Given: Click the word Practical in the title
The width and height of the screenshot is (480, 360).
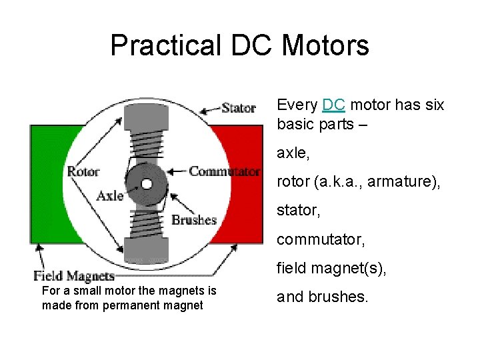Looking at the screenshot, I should coord(165,46).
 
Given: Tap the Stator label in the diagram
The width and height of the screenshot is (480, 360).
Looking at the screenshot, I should coord(239,107).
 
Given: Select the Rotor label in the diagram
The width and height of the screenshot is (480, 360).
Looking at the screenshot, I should coord(83,171).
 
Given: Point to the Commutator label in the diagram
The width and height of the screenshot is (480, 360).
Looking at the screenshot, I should coord(225,171).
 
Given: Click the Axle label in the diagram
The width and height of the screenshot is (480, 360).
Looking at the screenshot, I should coord(110,195).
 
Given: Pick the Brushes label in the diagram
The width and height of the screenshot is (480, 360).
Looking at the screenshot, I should coord(194,220).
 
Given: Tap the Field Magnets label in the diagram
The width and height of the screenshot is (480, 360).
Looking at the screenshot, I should coord(74,276).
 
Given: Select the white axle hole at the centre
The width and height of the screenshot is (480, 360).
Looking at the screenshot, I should coord(147,183).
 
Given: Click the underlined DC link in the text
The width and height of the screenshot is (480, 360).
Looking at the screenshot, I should coord(333,105).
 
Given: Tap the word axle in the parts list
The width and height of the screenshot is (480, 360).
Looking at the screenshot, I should coord(291,153).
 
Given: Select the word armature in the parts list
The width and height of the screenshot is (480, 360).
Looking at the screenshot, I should coord(407,181).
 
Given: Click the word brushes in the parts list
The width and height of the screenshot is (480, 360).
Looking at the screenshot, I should coord(337,297).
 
